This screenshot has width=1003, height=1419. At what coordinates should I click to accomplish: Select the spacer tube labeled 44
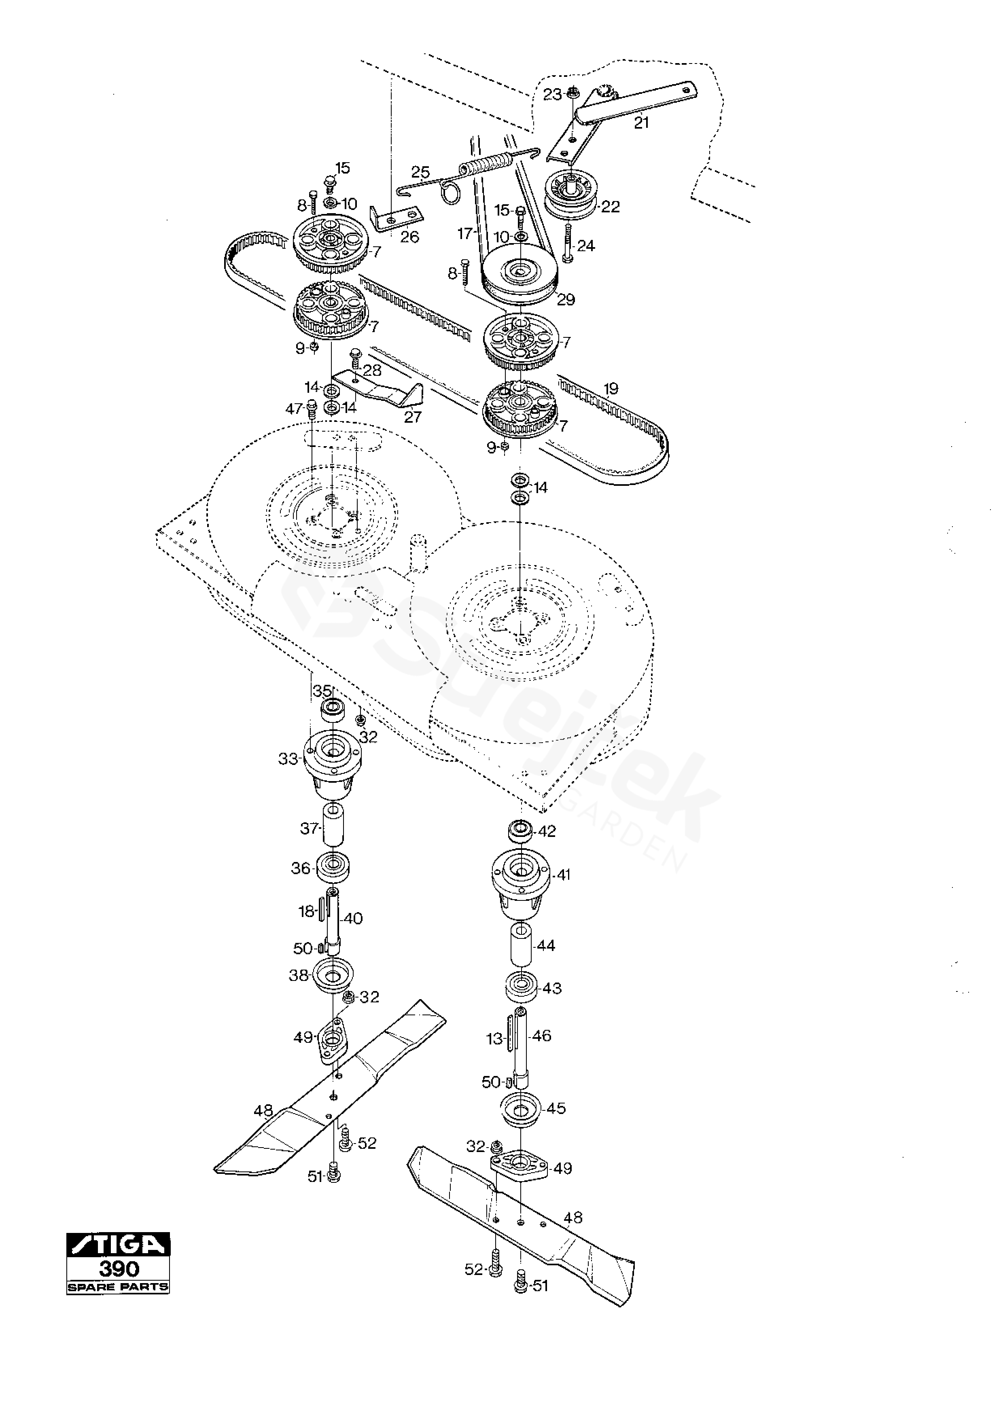coord(521,945)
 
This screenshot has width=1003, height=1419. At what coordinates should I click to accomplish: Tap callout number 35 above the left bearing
coord(322,690)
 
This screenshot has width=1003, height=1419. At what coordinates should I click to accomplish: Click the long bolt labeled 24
coord(567,243)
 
